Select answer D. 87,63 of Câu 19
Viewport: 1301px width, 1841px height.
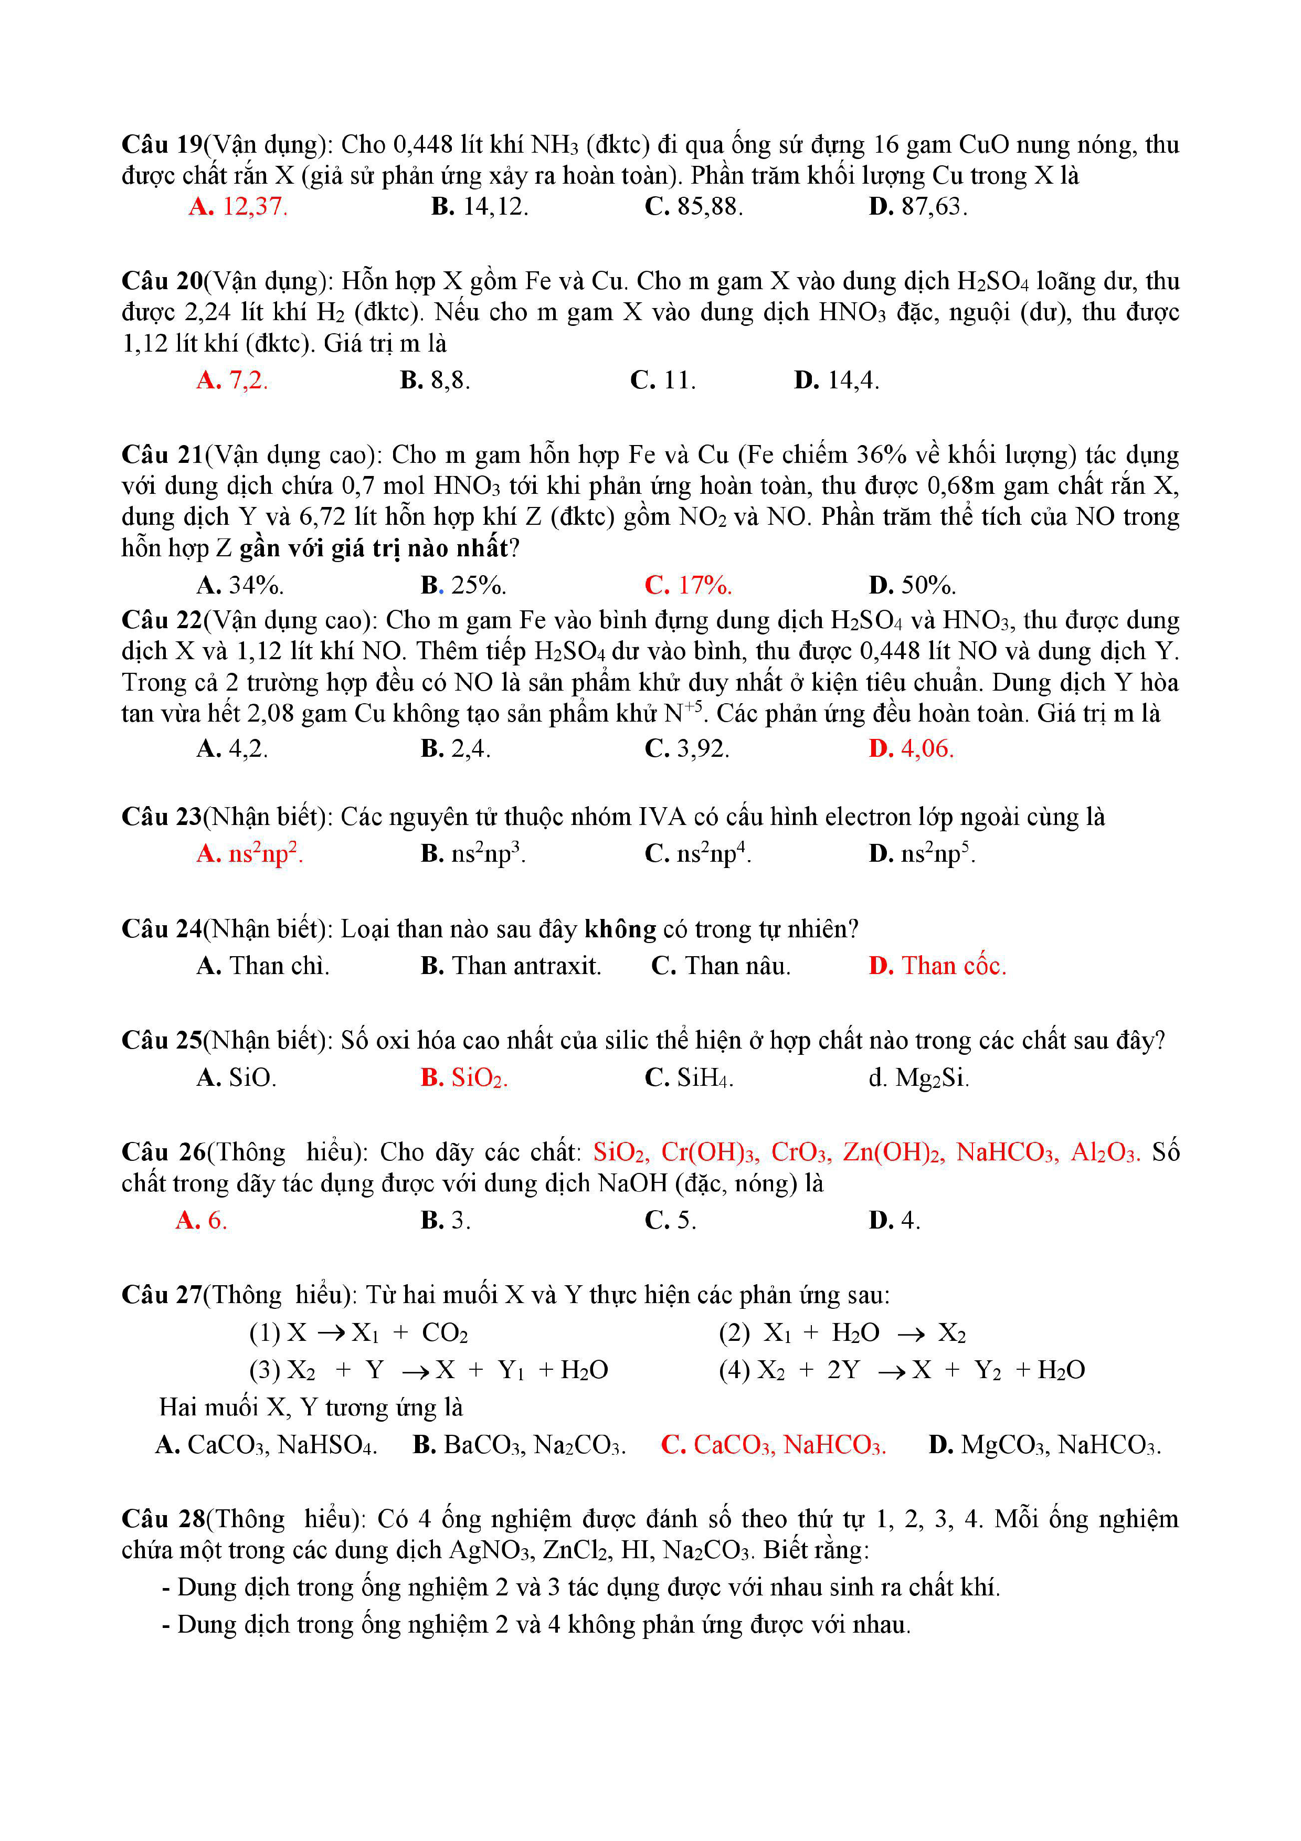click(x=918, y=207)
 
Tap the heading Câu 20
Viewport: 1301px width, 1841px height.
click(x=162, y=281)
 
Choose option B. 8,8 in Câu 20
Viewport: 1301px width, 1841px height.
click(x=435, y=380)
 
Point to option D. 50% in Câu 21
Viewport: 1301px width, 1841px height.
click(x=912, y=585)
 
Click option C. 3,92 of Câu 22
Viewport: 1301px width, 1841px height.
click(x=687, y=749)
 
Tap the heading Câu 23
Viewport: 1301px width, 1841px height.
click(x=162, y=817)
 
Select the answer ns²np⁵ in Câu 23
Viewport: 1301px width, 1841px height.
click(x=922, y=854)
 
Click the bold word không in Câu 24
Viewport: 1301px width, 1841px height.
click(x=620, y=929)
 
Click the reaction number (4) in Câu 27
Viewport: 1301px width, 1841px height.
click(x=734, y=1370)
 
